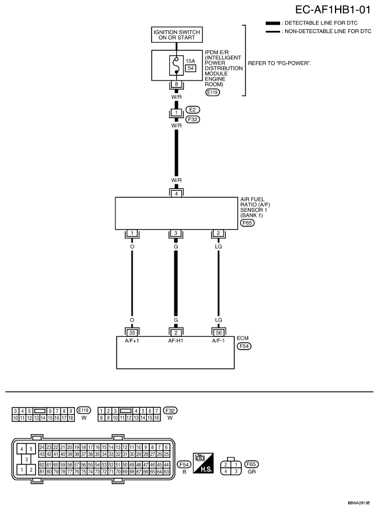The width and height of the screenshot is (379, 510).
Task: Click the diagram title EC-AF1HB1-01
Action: coord(333,10)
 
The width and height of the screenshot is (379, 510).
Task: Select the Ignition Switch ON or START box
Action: coord(177,35)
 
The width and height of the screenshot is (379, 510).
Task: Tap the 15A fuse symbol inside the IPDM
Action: coord(177,65)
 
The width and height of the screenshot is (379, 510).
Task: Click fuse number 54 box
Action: coord(190,69)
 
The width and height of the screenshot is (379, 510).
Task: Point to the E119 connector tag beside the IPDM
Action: coord(213,93)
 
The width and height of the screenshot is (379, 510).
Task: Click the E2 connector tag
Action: coord(193,110)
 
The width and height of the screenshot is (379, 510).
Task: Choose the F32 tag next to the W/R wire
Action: coord(193,119)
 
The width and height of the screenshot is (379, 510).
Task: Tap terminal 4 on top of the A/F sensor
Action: coord(177,194)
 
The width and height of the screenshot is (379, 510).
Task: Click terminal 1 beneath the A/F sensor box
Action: coord(132,233)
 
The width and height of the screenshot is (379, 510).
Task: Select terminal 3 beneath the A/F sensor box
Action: coord(176,233)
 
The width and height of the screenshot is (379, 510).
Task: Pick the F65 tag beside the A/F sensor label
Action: coord(247,223)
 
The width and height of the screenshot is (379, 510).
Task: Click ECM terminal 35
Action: coord(132,333)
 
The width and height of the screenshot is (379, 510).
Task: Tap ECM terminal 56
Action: coord(218,333)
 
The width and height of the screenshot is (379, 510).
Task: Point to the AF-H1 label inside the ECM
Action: coord(175,341)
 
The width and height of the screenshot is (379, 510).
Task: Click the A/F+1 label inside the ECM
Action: coord(132,341)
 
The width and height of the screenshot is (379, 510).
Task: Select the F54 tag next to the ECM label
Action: coord(244,346)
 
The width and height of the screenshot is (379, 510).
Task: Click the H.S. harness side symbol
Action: coord(203,463)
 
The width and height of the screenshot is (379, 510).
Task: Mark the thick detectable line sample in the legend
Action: coord(273,23)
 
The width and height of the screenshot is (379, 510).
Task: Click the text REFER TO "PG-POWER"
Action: coord(280,63)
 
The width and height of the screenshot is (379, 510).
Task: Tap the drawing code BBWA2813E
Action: coord(358,503)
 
